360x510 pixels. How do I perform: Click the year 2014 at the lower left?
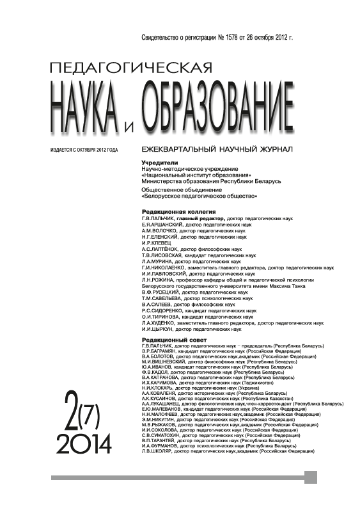[x=84, y=441]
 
